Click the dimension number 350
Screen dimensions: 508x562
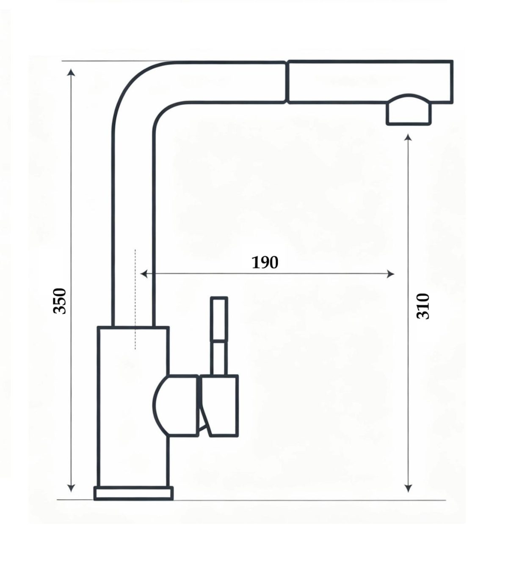pyautogui.click(x=60, y=301)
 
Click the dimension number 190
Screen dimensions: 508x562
pyautogui.click(x=265, y=263)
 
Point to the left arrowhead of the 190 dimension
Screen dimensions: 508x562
pyautogui.click(x=144, y=274)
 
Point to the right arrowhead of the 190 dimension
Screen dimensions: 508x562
pyautogui.click(x=391, y=274)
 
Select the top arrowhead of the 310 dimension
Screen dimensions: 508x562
pyautogui.click(x=408, y=138)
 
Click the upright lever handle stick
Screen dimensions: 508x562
pyautogui.click(x=219, y=336)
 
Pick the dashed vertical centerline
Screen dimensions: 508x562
pyautogui.click(x=135, y=299)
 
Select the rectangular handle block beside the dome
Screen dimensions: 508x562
pyautogui.click(x=219, y=405)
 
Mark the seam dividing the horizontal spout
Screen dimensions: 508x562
pyautogui.click(x=287, y=82)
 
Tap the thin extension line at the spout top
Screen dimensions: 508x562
pyautogui.click(x=118, y=61)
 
